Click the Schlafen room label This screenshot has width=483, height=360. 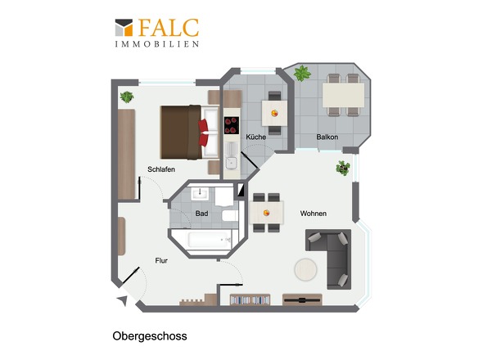pyautogui.click(x=161, y=169)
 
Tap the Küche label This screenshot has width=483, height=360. pyautogui.click(x=255, y=137)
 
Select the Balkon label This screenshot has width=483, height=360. pyautogui.click(x=327, y=137)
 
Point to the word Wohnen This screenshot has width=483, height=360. pyautogui.click(x=314, y=214)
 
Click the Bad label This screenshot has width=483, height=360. pyautogui.click(x=201, y=214)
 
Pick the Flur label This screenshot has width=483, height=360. pyautogui.click(x=161, y=261)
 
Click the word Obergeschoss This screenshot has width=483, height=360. pyautogui.click(x=150, y=336)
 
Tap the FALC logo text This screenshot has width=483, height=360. pyautogui.click(x=169, y=28)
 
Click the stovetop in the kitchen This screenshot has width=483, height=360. pyautogui.click(x=232, y=125)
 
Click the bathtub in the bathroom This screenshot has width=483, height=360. pyautogui.click(x=209, y=240)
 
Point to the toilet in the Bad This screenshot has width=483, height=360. pyautogui.click(x=229, y=215)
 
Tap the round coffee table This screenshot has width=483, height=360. pyautogui.click(x=305, y=269)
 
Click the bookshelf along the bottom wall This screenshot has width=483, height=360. pyautogui.click(x=250, y=299)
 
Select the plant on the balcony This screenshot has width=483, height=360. pyautogui.click(x=302, y=74)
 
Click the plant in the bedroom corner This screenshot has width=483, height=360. pyautogui.click(x=127, y=97)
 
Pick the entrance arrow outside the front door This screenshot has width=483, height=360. pyautogui.click(x=123, y=300)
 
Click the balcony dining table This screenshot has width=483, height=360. pyautogui.click(x=343, y=95)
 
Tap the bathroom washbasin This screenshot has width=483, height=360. pyautogui.click(x=200, y=194)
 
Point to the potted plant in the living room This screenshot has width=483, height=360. pyautogui.click(x=343, y=169)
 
